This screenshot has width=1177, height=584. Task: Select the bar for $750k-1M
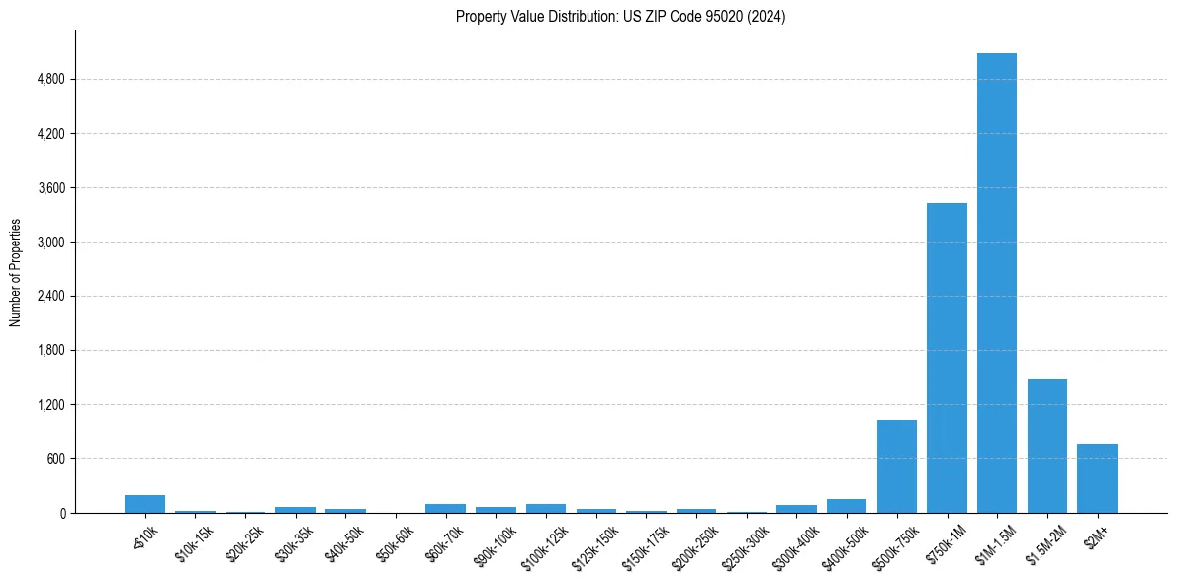947,357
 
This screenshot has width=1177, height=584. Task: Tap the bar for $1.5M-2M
1046,445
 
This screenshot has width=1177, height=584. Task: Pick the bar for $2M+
1097,479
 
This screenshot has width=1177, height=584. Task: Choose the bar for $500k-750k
896,466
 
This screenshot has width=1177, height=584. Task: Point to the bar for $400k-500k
847,506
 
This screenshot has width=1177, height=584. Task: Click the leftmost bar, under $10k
144,504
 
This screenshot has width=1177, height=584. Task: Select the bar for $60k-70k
445,508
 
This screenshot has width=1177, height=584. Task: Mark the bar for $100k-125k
546,508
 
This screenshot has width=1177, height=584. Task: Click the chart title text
620,17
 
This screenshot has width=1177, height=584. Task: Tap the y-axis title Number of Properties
16,271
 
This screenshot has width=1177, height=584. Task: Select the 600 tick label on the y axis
55,458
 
